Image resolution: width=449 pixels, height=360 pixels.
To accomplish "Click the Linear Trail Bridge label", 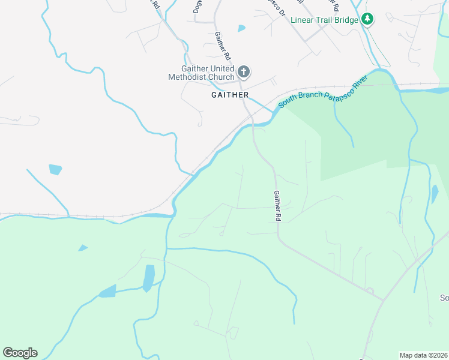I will [325, 20].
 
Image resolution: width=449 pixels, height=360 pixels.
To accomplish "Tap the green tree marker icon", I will [367, 20].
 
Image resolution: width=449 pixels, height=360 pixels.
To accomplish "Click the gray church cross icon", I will [244, 73].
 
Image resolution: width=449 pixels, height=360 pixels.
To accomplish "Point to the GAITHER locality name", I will [230, 95].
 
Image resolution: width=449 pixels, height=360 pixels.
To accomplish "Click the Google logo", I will [20, 353].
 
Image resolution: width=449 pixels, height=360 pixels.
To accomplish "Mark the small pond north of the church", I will [241, 28].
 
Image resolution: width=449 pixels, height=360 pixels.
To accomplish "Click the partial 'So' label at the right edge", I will [444, 298].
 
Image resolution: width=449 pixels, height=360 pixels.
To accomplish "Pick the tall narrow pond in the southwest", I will [148, 278].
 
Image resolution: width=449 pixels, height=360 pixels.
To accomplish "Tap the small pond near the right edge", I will [435, 194].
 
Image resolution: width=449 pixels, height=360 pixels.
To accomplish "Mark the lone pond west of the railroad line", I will [55, 169].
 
